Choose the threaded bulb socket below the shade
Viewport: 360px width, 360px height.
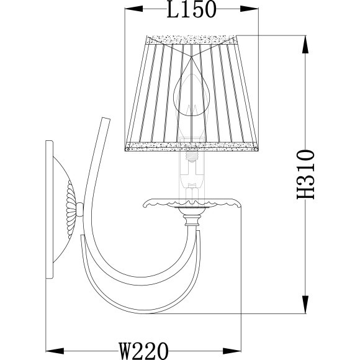click(x=191, y=158)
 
